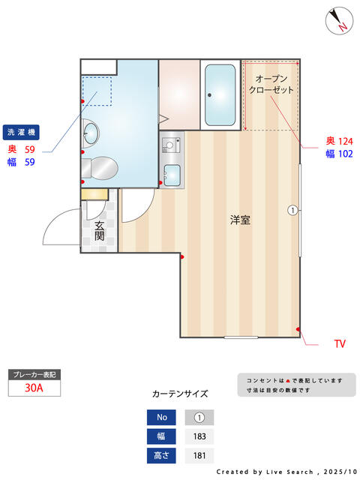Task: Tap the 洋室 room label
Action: [x=240, y=220]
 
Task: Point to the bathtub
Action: [x=220, y=95]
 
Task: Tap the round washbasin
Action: [x=91, y=133]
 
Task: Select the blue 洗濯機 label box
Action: [x=21, y=132]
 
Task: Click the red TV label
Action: [x=340, y=344]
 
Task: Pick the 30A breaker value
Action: [x=33, y=388]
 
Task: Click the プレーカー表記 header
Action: [x=33, y=373]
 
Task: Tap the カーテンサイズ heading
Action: [x=180, y=393]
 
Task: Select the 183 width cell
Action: [x=199, y=436]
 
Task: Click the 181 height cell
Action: [x=199, y=454]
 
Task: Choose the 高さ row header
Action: [x=162, y=454]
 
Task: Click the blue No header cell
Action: [x=162, y=417]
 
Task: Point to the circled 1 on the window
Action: [x=292, y=210]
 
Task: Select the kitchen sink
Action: [x=172, y=175]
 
